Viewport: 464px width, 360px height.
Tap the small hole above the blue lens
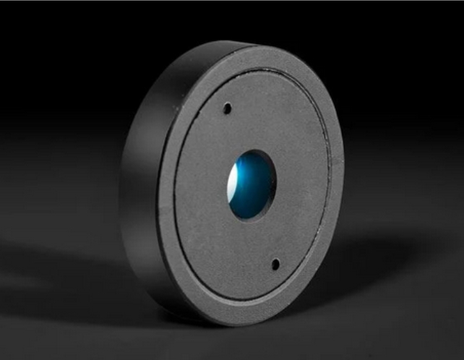coord(227,108)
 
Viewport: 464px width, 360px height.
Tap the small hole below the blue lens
coord(275,264)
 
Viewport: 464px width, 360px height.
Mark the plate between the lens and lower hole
coord(264,239)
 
